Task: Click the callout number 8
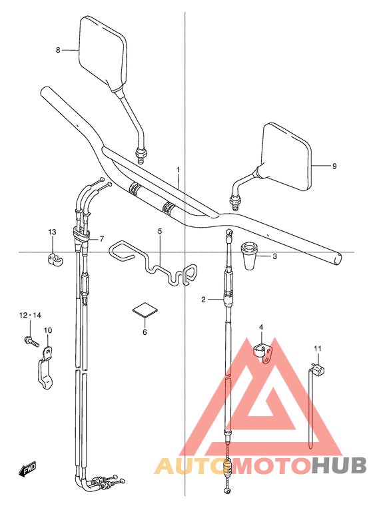[x=58, y=50]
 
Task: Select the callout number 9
[x=334, y=166]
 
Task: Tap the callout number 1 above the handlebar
[x=179, y=169]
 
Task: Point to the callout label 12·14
[x=30, y=315]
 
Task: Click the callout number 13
[x=52, y=232]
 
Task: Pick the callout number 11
[x=317, y=349]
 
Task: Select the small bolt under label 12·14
[x=31, y=342]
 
